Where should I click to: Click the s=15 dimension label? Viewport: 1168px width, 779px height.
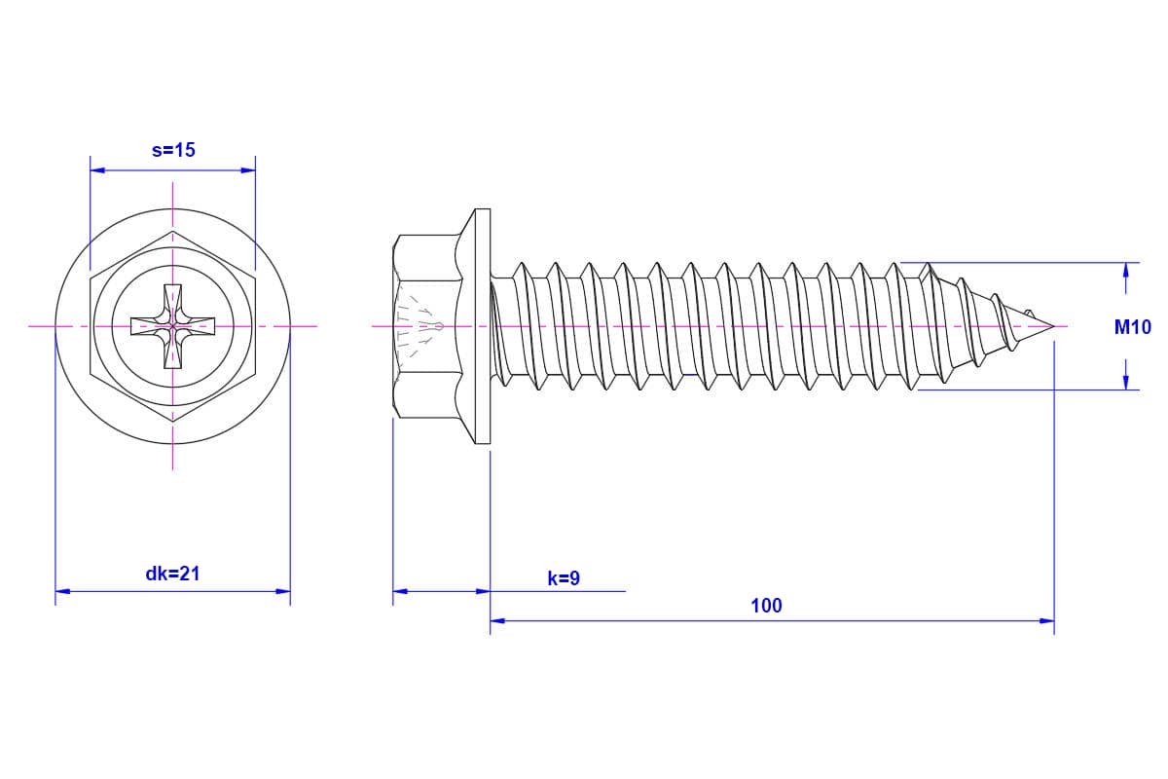(x=173, y=150)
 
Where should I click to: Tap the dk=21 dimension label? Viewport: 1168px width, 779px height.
(x=172, y=574)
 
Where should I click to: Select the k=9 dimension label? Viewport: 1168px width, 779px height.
(x=564, y=578)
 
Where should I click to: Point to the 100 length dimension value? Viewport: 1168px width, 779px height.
(x=766, y=606)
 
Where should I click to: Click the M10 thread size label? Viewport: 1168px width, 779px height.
(x=1133, y=327)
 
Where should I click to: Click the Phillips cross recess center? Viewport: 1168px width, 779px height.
(x=172, y=326)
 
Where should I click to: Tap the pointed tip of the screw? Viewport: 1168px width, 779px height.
(x=1054, y=326)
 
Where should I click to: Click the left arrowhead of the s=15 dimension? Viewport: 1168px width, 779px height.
(x=97, y=170)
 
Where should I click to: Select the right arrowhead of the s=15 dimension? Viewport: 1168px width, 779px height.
(x=247, y=170)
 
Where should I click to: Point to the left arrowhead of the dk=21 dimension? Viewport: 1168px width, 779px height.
(x=62, y=591)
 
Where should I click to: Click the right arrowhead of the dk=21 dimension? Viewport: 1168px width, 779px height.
(x=282, y=591)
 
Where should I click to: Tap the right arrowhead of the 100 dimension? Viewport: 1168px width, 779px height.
(x=1046, y=621)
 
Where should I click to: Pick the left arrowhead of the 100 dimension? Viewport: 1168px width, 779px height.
(x=498, y=621)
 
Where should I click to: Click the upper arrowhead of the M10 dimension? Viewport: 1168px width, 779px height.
(x=1126, y=271)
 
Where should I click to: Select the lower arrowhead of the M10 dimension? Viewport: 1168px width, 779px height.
(x=1126, y=382)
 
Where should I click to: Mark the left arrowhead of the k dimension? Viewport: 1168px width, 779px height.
(x=400, y=591)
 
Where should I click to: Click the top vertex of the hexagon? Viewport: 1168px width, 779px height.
(x=172, y=231)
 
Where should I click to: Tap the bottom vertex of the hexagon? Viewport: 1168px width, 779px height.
(x=172, y=422)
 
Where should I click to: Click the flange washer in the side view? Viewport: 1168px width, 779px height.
(x=482, y=326)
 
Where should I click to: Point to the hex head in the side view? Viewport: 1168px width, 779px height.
(x=427, y=326)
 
